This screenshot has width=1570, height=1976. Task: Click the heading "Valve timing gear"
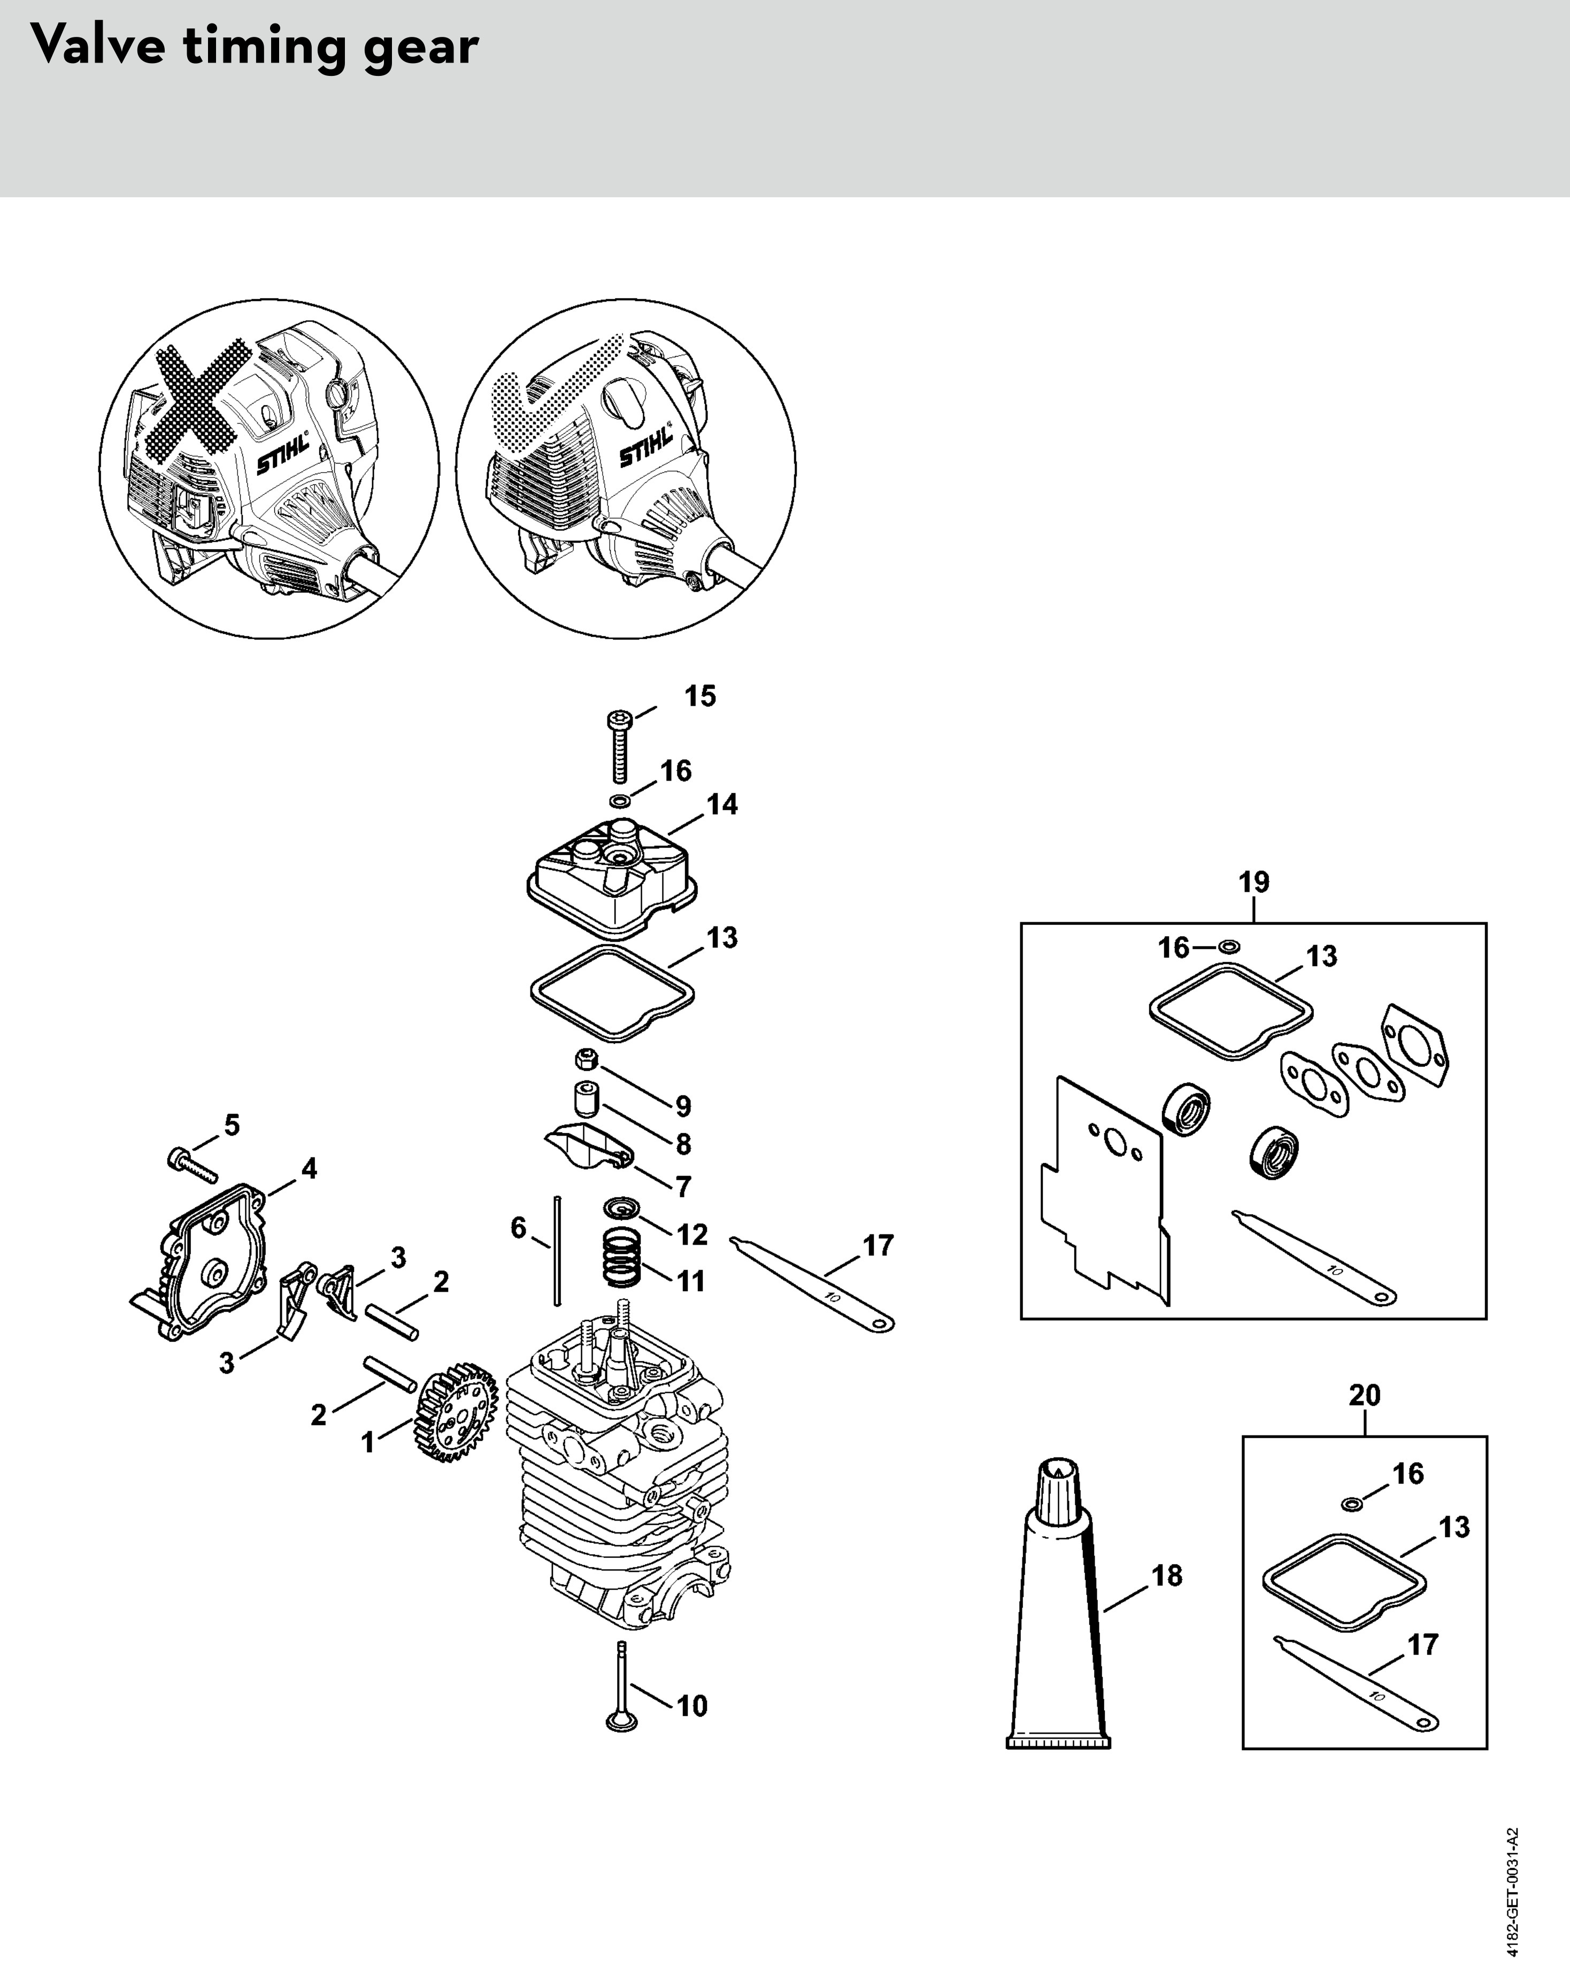tap(254, 46)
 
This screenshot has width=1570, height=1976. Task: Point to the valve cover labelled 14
tap(612, 876)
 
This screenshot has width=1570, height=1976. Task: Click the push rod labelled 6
tap(556, 1250)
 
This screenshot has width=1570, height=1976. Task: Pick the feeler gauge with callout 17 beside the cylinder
tap(812, 1284)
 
